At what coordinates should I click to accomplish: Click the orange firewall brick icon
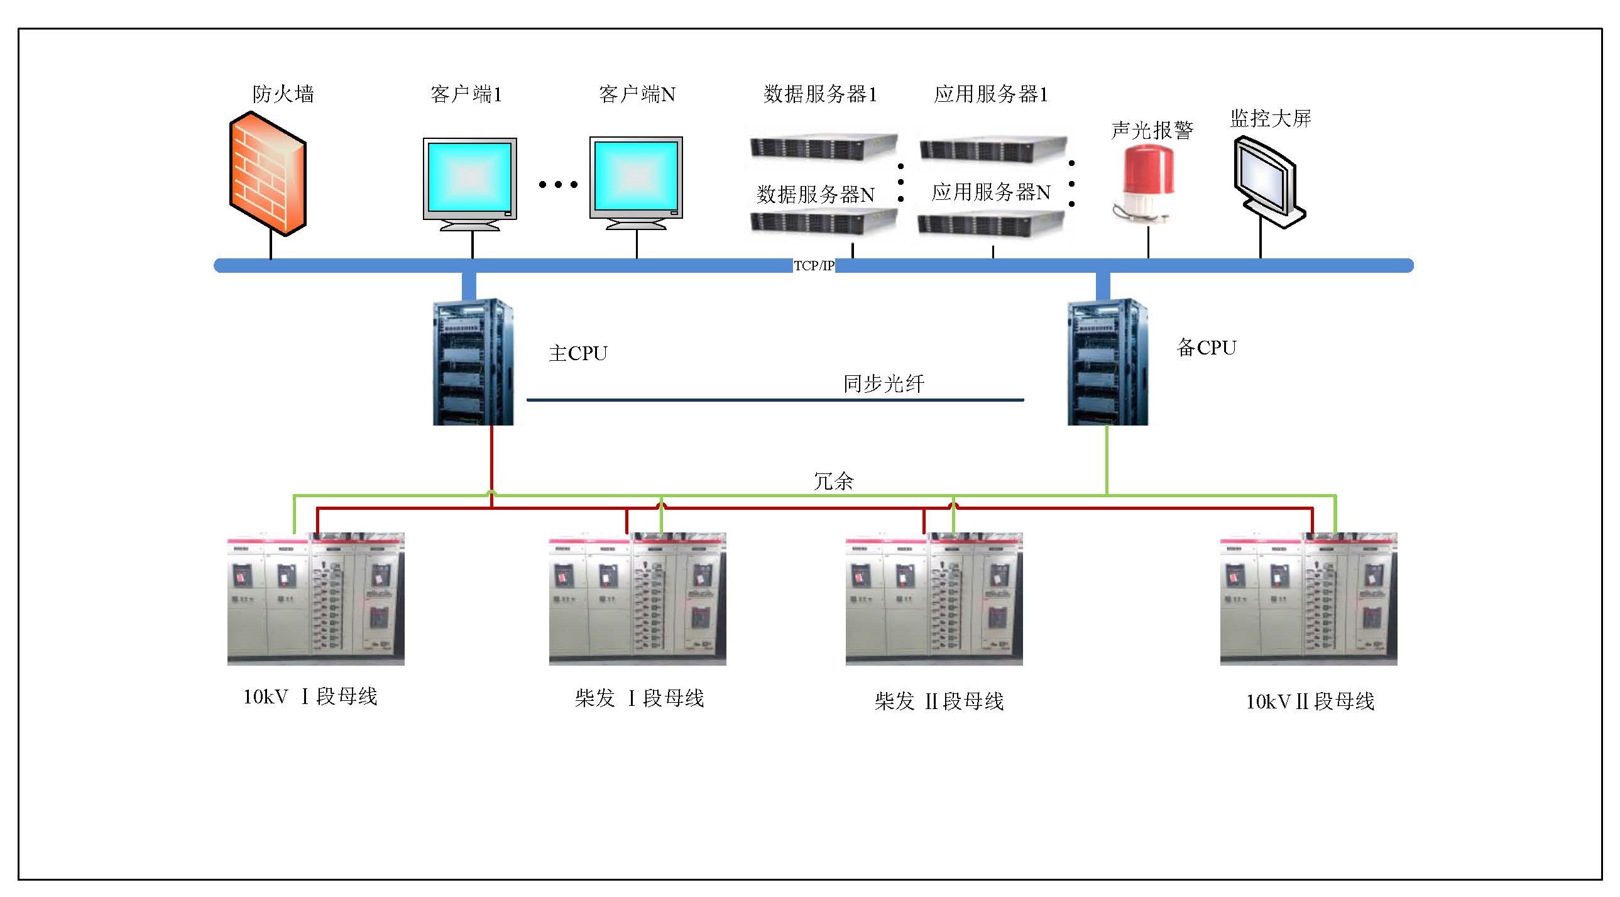pos(268,173)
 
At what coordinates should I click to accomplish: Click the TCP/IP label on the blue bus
pos(814,265)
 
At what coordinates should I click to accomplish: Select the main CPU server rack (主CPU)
pos(473,361)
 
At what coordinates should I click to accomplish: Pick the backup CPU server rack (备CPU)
pos(1107,361)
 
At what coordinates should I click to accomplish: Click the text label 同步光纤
pos(884,383)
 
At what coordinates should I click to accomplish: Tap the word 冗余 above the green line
pos(833,482)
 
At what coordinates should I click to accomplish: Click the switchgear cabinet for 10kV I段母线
pos(315,599)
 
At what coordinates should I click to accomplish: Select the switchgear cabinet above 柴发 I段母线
pos(637,599)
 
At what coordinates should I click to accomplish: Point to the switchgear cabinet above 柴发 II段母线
pos(934,599)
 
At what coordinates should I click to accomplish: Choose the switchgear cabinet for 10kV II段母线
pos(1308,599)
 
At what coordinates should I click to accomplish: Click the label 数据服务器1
pos(820,94)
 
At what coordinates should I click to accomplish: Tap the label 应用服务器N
pos(990,192)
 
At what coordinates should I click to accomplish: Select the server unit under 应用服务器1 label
pos(993,148)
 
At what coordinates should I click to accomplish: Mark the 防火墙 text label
pos(283,94)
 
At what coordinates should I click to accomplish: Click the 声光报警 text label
pos(1152,131)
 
